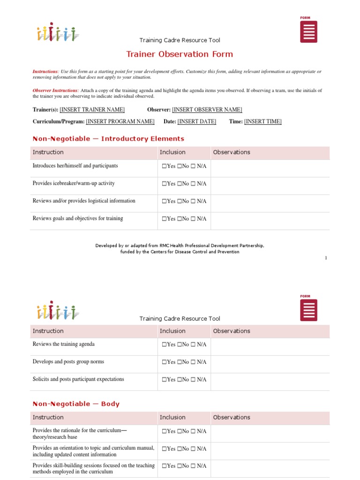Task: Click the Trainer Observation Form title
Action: pyautogui.click(x=180, y=54)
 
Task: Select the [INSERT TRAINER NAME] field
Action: pyautogui.click(x=92, y=110)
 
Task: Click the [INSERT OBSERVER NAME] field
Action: pyautogui.click(x=207, y=110)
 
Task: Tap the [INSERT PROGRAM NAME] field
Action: pyautogui.click(x=120, y=121)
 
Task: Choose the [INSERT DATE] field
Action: pyautogui.click(x=197, y=121)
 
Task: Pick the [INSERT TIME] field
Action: pyautogui.click(x=262, y=121)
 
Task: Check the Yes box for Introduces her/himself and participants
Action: pyautogui.click(x=164, y=166)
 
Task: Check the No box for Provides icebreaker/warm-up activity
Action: pyautogui.click(x=180, y=184)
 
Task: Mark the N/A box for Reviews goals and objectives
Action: pyautogui.click(x=193, y=219)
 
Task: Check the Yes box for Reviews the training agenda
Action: pyautogui.click(x=164, y=345)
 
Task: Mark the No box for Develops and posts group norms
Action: pyautogui.click(x=180, y=362)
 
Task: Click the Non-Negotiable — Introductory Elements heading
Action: pyautogui.click(x=108, y=139)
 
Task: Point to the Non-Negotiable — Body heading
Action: pyautogui.click(x=76, y=404)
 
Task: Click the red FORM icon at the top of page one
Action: pyautogui.click(x=308, y=31)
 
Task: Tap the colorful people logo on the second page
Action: pyautogui.click(x=58, y=310)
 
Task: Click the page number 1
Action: pyautogui.click(x=326, y=258)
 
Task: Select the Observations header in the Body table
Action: pyautogui.click(x=232, y=417)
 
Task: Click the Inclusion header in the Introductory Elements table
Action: pyautogui.click(x=172, y=152)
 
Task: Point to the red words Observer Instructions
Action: pyautogui.click(x=55, y=90)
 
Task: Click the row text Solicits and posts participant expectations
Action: pyautogui.click(x=78, y=379)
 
